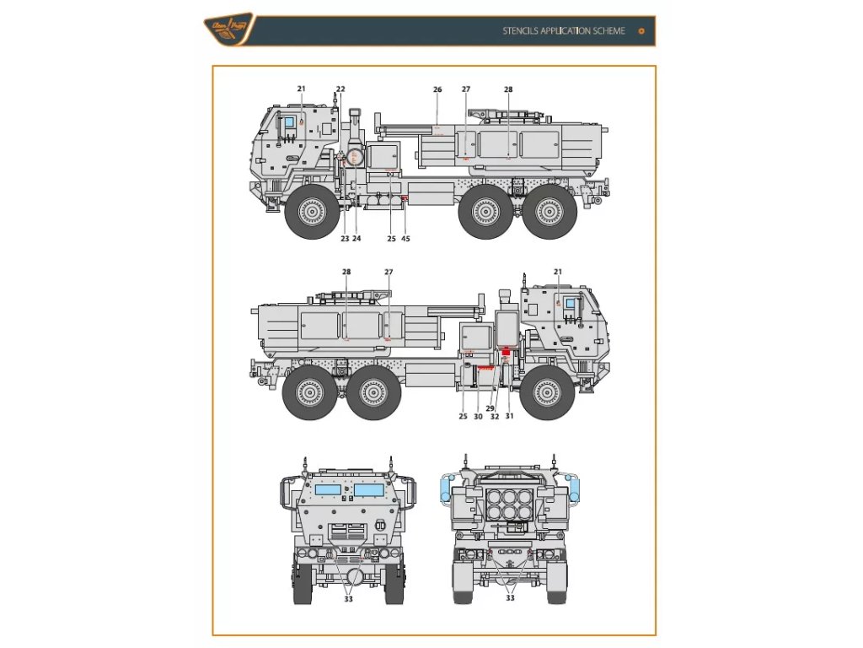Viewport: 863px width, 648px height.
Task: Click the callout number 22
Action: point(340,89)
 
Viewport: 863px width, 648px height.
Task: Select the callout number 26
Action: point(437,89)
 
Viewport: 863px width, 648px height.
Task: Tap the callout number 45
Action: point(406,239)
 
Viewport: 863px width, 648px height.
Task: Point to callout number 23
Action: point(345,239)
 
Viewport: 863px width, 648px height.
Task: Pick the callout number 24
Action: point(356,239)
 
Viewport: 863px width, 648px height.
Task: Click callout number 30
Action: point(478,416)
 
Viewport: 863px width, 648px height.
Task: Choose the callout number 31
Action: point(509,416)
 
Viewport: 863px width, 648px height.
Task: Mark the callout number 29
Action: point(490,408)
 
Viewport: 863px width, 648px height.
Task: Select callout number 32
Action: point(495,416)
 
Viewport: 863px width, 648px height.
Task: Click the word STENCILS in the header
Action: point(522,31)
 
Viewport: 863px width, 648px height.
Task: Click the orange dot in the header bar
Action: point(641,31)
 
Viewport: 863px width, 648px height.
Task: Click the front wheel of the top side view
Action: point(312,212)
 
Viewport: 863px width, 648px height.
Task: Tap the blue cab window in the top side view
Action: point(287,123)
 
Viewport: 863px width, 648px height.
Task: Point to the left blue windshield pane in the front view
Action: point(328,489)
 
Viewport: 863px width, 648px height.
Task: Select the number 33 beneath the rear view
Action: point(509,598)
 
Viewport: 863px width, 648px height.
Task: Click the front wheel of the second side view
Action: point(547,393)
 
